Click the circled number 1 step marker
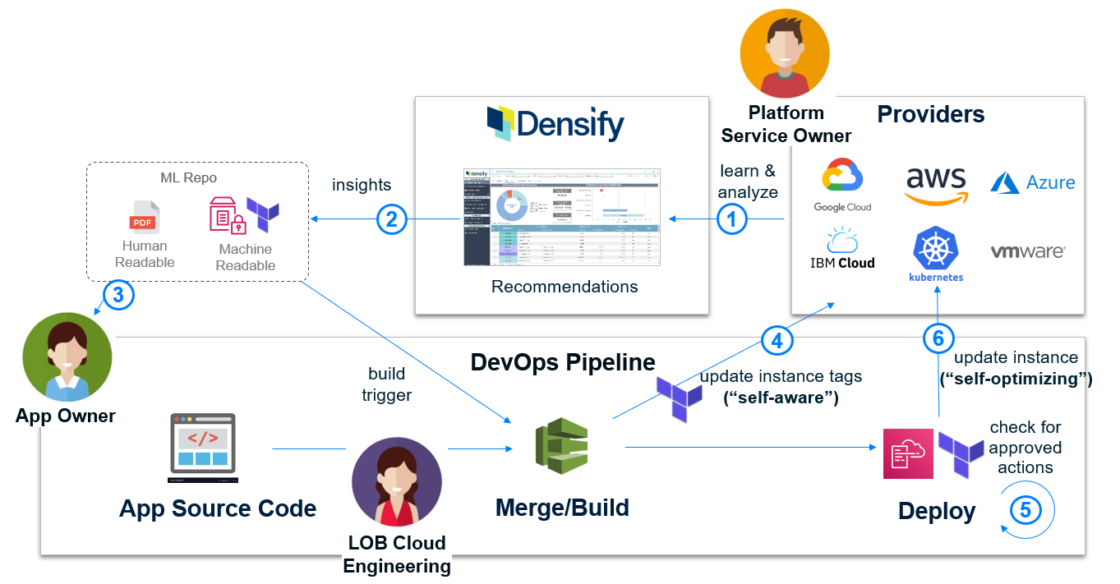click(x=733, y=219)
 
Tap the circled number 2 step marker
click(x=392, y=219)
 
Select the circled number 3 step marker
click(x=118, y=295)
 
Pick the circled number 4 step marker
click(x=777, y=340)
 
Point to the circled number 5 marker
click(x=1026, y=509)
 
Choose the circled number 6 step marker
click(x=938, y=338)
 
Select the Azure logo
click(x=1033, y=182)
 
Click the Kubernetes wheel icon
click(x=936, y=250)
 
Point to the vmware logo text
click(x=1027, y=252)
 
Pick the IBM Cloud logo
click(x=842, y=250)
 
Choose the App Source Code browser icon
click(x=203, y=448)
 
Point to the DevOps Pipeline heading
click(x=563, y=362)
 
